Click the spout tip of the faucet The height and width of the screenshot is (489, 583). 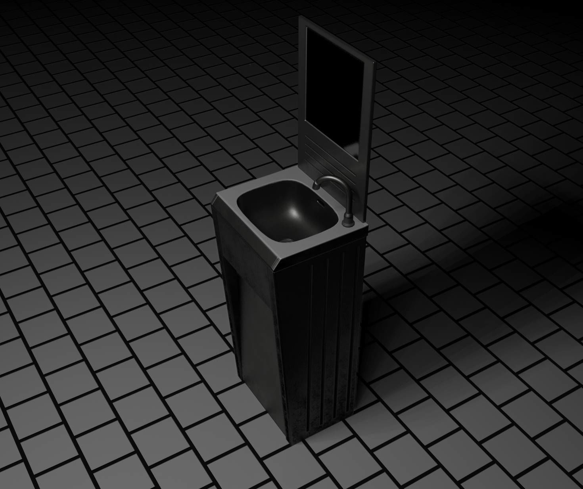(x=316, y=186)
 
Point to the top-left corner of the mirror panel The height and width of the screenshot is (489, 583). (x=307, y=17)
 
